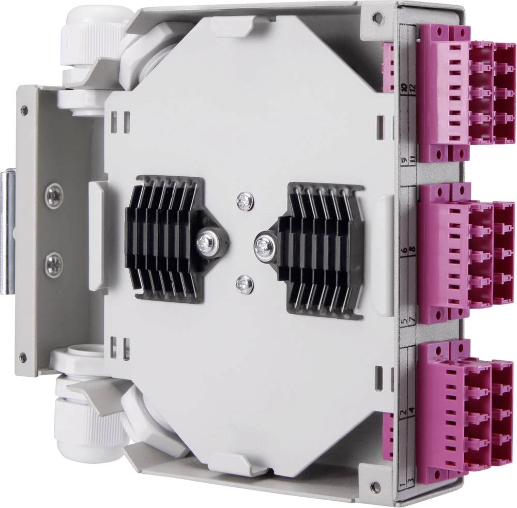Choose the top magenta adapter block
460,93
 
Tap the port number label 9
404,161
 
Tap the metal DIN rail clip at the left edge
6,233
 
